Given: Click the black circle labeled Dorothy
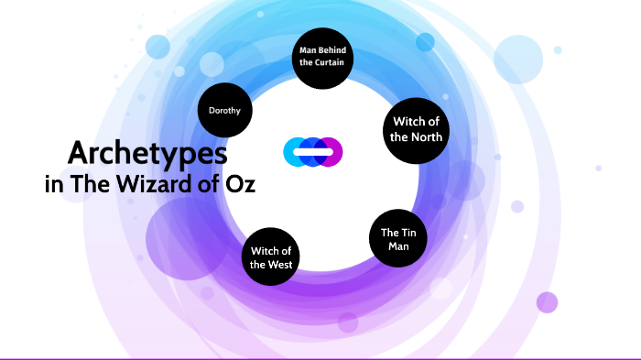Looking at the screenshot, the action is (224, 111).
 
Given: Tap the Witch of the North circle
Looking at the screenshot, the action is (417, 129).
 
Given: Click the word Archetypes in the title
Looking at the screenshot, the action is (147, 152).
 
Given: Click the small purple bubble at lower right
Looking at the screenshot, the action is (547, 302).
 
